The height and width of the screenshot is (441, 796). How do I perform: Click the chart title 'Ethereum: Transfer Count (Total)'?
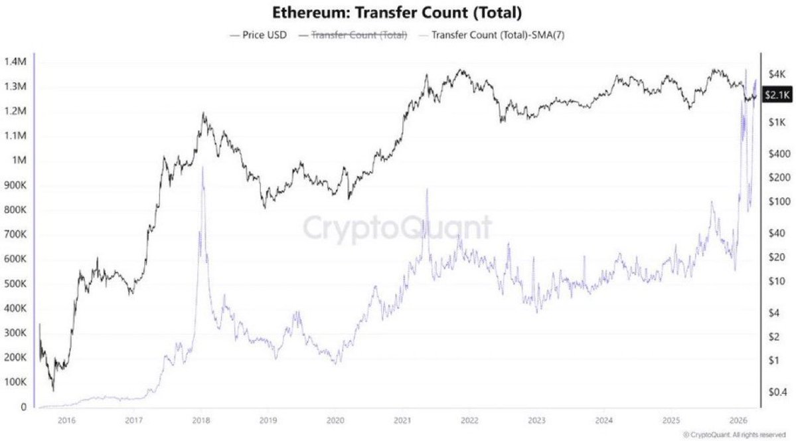pyautogui.click(x=397, y=13)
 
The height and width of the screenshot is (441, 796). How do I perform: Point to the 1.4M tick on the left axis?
pyautogui.click(x=14, y=62)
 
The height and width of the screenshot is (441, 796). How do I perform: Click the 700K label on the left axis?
pyautogui.click(x=14, y=234)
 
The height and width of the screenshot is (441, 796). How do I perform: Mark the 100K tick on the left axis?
pyautogui.click(x=14, y=383)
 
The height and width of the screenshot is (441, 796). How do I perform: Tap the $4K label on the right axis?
pyautogui.click(x=775, y=73)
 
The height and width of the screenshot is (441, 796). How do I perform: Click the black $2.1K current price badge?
pyautogui.click(x=777, y=95)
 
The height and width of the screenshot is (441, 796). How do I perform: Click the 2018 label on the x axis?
pyautogui.click(x=200, y=420)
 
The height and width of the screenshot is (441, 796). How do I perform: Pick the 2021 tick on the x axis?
pyautogui.click(x=402, y=420)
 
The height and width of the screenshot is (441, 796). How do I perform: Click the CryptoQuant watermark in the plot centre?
pyautogui.click(x=398, y=227)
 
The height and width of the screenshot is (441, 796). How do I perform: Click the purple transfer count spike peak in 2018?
pyautogui.click(x=202, y=169)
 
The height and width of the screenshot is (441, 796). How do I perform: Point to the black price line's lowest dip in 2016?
pyautogui.click(x=53, y=391)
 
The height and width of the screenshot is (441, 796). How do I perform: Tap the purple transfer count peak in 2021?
pyautogui.click(x=426, y=190)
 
